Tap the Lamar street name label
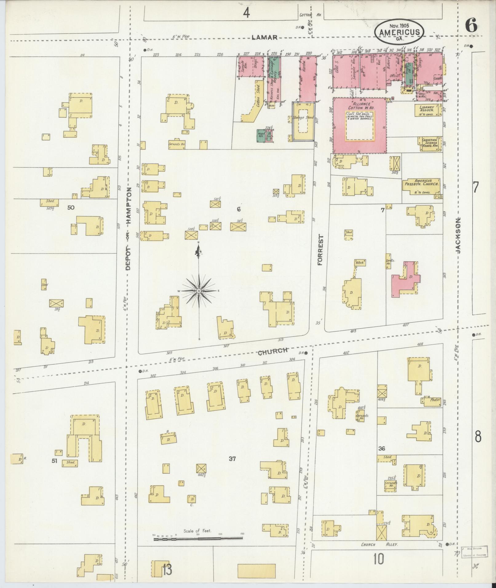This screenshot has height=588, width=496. click(264, 37)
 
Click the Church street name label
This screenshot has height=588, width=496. click(272, 352)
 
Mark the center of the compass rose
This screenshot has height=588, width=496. click(199, 290)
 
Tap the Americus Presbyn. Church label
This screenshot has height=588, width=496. click(423, 184)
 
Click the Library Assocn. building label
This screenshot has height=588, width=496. click(427, 109)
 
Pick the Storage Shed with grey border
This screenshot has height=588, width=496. click(303, 121)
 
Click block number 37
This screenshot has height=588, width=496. click(232, 459)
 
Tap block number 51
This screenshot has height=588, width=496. click(55, 460)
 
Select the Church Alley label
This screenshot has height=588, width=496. click(379, 545)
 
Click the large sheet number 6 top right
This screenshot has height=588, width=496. click(471, 25)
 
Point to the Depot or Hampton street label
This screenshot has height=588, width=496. click(128, 229)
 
